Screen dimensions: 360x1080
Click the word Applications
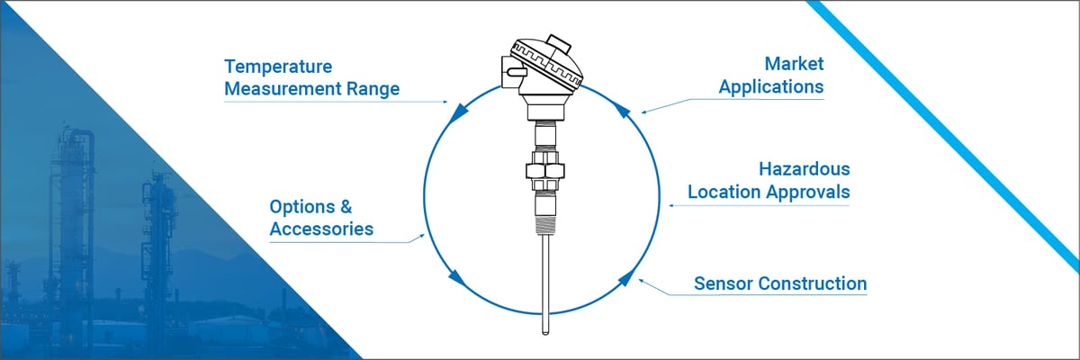(770, 87)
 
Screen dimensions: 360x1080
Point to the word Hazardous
(804, 169)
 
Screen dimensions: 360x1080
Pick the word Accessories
(321, 229)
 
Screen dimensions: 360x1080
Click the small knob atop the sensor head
(559, 41)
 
